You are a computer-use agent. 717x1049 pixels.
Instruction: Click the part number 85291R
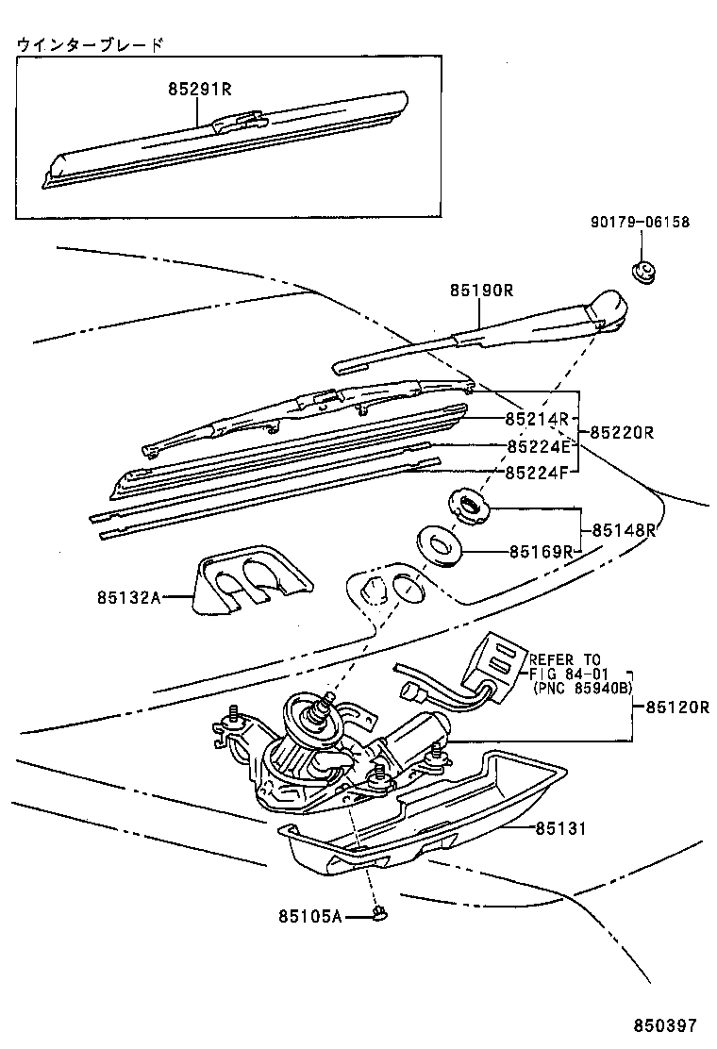pos(199,90)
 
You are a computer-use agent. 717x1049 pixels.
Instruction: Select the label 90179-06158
pos(640,223)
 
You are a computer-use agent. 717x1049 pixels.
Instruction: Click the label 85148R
pos(623,530)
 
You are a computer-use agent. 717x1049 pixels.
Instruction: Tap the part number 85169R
pos(542,551)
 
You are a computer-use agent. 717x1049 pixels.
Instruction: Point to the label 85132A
pos(127,596)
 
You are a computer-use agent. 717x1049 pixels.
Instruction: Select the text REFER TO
pos(563,659)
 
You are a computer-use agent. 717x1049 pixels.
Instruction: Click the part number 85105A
pos(309,915)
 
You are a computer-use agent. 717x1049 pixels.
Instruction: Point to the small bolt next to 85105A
pos(380,912)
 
